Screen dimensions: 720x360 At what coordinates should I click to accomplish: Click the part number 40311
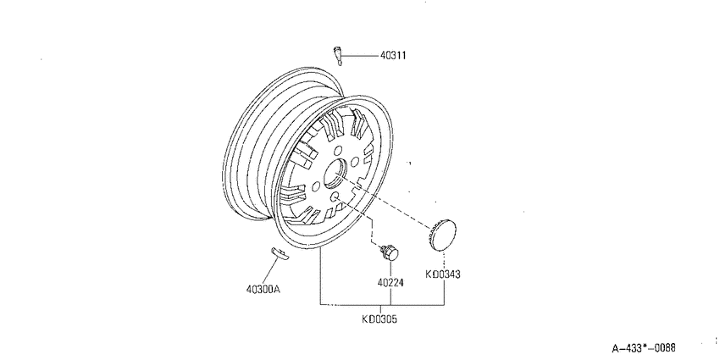tap(392, 56)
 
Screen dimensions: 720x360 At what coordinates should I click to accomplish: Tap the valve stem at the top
tap(337, 56)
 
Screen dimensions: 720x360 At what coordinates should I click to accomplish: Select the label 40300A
tap(263, 290)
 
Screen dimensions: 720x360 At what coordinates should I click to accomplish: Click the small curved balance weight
tap(280, 253)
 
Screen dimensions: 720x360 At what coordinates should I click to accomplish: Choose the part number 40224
tap(390, 283)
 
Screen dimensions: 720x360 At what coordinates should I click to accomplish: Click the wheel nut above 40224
tap(390, 252)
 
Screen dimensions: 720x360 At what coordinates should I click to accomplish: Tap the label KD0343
tap(443, 274)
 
